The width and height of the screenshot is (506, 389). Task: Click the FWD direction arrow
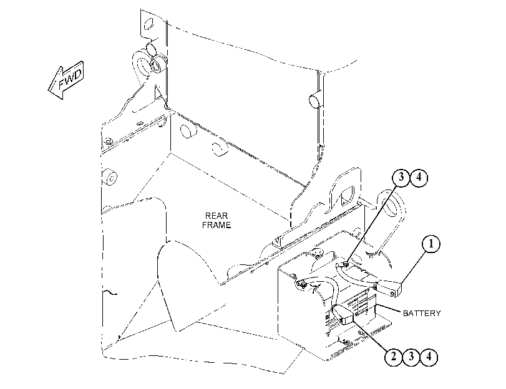click(66, 80)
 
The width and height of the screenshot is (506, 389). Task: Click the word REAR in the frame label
click(217, 216)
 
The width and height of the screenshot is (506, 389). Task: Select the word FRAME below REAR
click(217, 225)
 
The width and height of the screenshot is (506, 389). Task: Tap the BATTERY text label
click(422, 313)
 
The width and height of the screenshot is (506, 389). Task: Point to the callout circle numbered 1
click(431, 244)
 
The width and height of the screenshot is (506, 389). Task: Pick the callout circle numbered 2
click(393, 357)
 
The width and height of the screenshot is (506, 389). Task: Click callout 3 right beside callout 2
click(411, 357)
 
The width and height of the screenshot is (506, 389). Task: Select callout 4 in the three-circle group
click(429, 357)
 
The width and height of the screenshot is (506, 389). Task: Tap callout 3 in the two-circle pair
click(401, 177)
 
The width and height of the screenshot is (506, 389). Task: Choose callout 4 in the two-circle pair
click(419, 177)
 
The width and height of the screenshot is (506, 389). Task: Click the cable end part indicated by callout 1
click(390, 288)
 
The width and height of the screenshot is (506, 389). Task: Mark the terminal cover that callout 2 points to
click(343, 314)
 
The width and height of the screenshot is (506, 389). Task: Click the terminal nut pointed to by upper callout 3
click(345, 264)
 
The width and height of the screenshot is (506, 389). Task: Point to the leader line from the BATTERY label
click(389, 309)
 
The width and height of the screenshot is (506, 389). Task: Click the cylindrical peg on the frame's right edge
click(315, 100)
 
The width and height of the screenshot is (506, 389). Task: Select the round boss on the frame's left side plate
click(110, 177)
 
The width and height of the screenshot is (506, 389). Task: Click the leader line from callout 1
click(414, 268)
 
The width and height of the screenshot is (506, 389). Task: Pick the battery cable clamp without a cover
click(303, 284)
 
